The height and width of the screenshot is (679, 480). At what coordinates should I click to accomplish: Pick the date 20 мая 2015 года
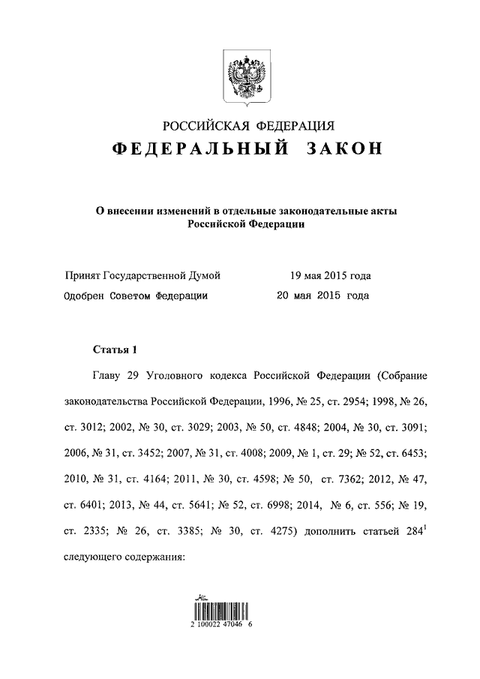[323, 296]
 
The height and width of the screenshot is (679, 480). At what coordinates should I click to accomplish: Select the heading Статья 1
[115, 349]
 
